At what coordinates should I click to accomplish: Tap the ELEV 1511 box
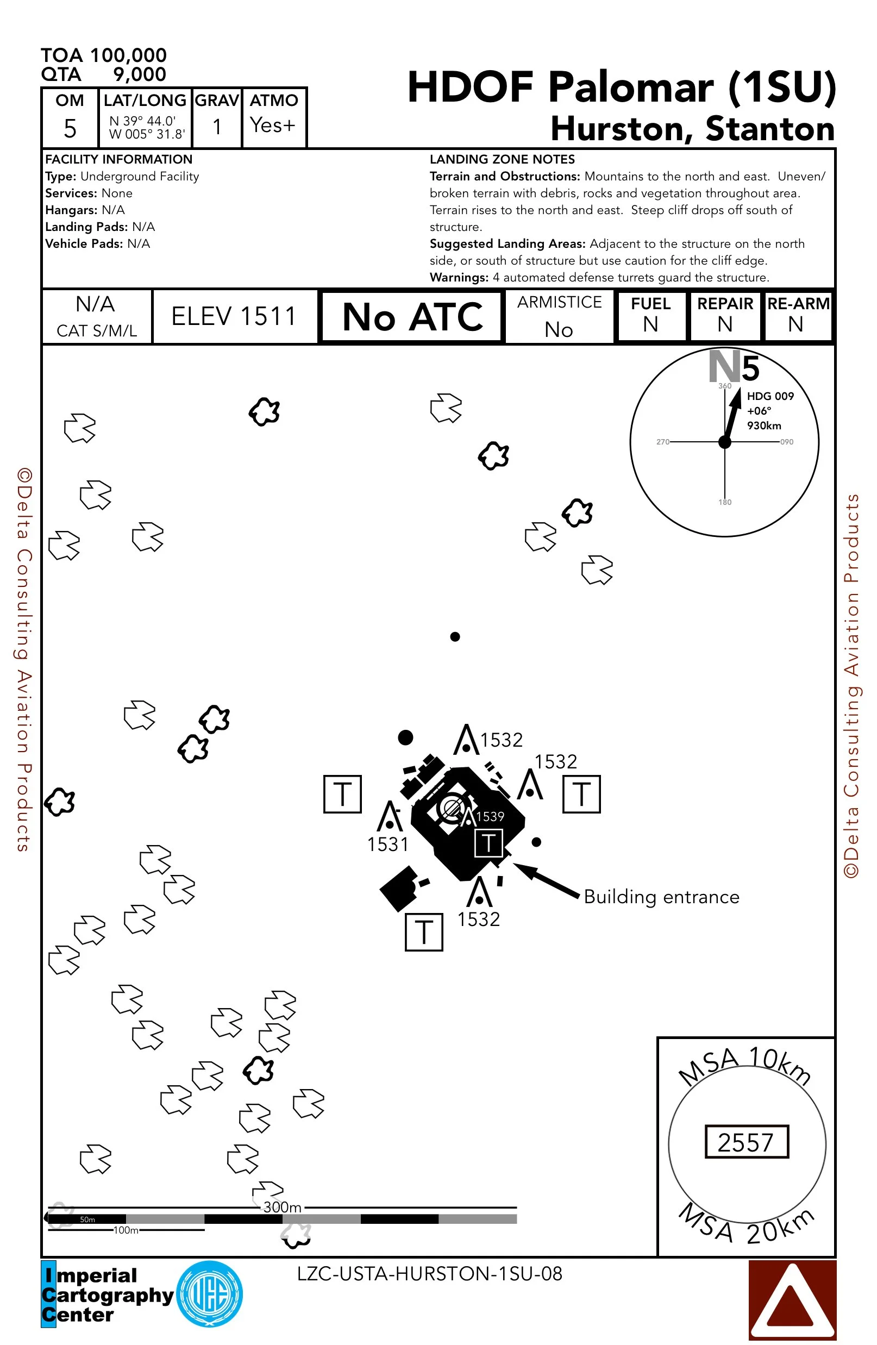coord(234,316)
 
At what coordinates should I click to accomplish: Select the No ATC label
coord(412,316)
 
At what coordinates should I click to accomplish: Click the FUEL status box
coord(651,315)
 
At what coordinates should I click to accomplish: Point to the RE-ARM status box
coord(797,315)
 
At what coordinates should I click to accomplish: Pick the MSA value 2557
coord(746,1142)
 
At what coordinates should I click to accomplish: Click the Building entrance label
coord(661,897)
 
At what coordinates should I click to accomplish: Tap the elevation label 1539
coord(490,817)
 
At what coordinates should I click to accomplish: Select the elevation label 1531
coord(387,844)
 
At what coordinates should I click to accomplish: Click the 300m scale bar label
coord(283,1207)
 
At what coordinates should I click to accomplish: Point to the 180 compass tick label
coord(724,502)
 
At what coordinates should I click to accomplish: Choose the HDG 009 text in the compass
coord(770,396)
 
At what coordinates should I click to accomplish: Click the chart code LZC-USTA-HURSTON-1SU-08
coord(429,1274)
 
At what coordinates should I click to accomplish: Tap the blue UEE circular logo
coord(210,1294)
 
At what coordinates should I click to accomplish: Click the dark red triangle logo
coord(792,1300)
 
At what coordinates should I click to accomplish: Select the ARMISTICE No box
coord(559,316)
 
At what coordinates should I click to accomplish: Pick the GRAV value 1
coord(217,127)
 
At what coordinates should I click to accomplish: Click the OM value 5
coord(70,128)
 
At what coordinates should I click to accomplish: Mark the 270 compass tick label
coord(662,442)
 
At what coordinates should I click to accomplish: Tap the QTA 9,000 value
coord(139,74)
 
